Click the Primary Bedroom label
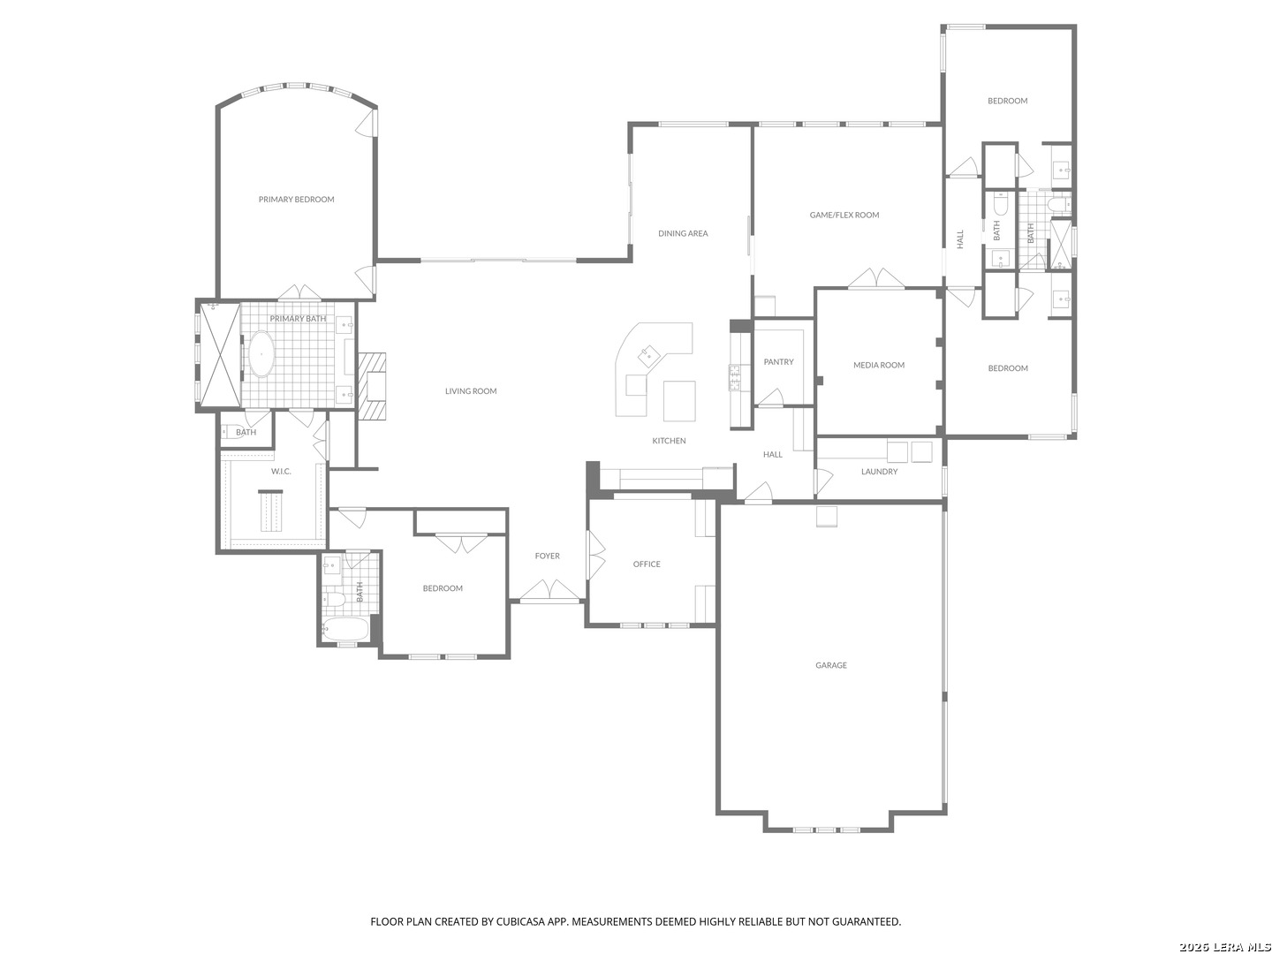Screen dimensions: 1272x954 [296, 200]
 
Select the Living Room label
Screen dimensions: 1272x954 [471, 391]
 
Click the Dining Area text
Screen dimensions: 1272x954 [683, 233]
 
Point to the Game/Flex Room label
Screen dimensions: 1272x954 [844, 215]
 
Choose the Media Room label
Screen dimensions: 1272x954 [879, 365]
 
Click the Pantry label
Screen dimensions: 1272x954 [778, 361]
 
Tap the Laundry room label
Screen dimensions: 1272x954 [879, 472]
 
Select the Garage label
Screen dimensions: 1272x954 [831, 665]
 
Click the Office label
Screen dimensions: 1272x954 [646, 564]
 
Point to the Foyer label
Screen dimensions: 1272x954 [547, 556]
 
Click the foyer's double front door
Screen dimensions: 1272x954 [549, 590]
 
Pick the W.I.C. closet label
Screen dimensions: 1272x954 [281, 472]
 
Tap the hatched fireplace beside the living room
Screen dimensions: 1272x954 [372, 386]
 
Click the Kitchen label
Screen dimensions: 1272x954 [669, 441]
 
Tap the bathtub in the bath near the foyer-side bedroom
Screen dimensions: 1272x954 [345, 629]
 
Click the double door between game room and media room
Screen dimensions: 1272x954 [876, 278]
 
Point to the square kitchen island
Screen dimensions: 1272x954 [679, 401]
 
